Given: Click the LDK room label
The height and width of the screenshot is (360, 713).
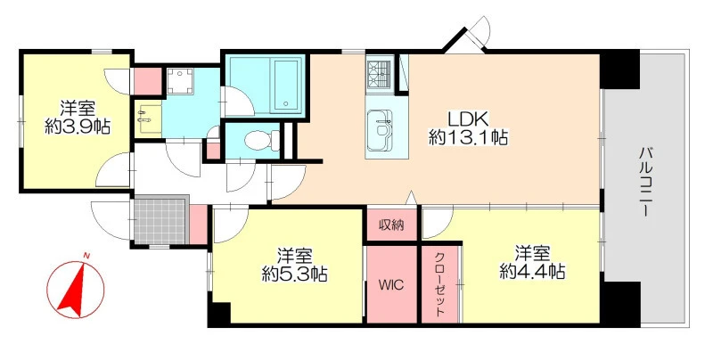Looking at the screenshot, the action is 468,119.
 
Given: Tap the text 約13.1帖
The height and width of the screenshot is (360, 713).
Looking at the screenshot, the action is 469,137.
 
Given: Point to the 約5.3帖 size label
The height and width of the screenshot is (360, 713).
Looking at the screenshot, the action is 295,274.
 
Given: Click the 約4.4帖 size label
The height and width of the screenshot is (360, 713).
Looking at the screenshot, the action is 532,272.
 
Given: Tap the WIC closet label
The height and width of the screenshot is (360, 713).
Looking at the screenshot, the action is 391,285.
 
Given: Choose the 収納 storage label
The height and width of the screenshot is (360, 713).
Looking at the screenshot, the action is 391,225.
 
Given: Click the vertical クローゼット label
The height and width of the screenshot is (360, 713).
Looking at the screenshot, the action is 439,284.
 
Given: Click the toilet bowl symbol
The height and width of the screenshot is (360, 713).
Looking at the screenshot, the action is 262,140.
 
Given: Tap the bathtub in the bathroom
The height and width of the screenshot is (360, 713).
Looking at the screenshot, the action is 286,86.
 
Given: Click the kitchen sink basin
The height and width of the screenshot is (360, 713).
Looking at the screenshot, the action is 379,129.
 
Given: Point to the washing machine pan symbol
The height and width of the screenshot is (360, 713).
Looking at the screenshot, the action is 180,82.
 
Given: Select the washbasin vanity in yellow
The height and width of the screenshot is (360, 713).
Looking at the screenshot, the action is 148,119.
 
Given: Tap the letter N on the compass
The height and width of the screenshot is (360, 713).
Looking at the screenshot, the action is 85,258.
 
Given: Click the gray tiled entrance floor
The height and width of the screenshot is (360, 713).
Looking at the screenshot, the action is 161,220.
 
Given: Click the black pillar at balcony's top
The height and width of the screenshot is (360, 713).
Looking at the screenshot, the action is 619,70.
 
